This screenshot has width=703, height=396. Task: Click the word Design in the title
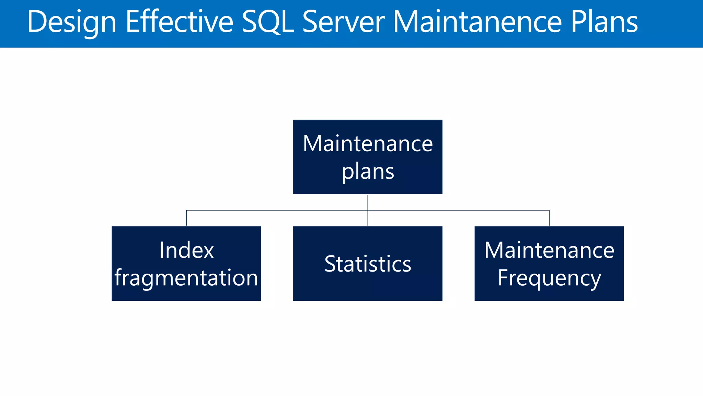[72, 22]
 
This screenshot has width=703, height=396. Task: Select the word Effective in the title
[180, 22]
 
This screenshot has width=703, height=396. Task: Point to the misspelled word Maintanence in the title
[477, 22]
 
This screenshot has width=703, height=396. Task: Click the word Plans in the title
[604, 22]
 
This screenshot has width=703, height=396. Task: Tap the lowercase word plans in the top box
[368, 172]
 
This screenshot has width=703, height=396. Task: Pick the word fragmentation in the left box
[186, 277]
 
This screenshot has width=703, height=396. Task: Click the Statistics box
[368, 264]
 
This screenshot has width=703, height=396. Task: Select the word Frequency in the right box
[549, 278]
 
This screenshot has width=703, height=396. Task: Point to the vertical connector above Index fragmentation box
[186, 218]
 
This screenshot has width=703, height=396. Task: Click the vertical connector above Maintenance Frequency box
[549, 218]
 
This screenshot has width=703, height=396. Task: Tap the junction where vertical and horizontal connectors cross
[368, 210]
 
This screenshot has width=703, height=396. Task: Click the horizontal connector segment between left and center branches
[277, 210]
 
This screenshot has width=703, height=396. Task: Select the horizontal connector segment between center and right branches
[459, 210]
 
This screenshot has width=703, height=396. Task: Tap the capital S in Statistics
[330, 264]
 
